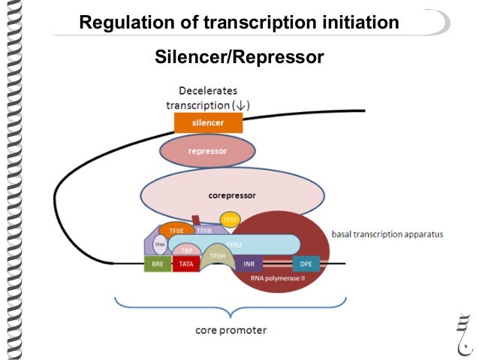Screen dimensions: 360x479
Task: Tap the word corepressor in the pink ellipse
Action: pos(233,195)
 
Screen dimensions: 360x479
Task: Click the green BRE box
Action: pos(157,265)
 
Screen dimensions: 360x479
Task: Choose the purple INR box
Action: pos(250,265)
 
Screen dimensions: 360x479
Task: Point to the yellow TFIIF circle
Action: pos(230,219)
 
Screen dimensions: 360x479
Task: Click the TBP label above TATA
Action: pos(185,250)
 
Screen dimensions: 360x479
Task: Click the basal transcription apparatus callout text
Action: pos(387,234)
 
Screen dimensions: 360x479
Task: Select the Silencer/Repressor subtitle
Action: pos(239,56)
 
